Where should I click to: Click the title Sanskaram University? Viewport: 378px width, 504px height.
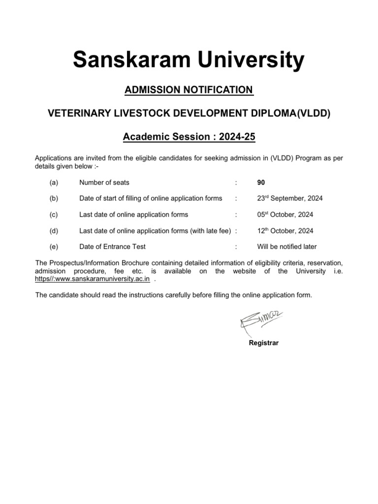tap(189, 61)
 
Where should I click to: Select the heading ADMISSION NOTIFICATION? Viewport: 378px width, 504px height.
tap(189, 90)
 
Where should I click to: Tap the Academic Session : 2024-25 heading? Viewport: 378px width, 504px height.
tap(189, 136)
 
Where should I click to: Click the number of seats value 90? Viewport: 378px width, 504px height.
tap(261, 183)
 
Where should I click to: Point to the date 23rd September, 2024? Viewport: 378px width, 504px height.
tap(290, 198)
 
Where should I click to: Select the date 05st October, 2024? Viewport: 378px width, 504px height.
tap(285, 215)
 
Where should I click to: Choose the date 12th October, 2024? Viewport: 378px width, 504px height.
tap(285, 230)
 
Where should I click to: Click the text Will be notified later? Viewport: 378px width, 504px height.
tap(287, 247)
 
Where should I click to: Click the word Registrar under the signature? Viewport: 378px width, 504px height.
tap(264, 343)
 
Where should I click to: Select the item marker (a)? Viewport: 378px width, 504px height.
tap(54, 183)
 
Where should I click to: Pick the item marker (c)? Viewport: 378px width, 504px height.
tap(54, 215)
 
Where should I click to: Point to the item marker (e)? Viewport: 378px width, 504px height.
tap(54, 247)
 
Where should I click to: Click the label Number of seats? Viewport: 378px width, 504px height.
tap(104, 183)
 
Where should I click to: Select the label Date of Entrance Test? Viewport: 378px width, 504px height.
tap(112, 247)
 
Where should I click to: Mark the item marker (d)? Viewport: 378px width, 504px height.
tap(54, 230)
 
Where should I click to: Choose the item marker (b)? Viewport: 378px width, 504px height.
tap(54, 198)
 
